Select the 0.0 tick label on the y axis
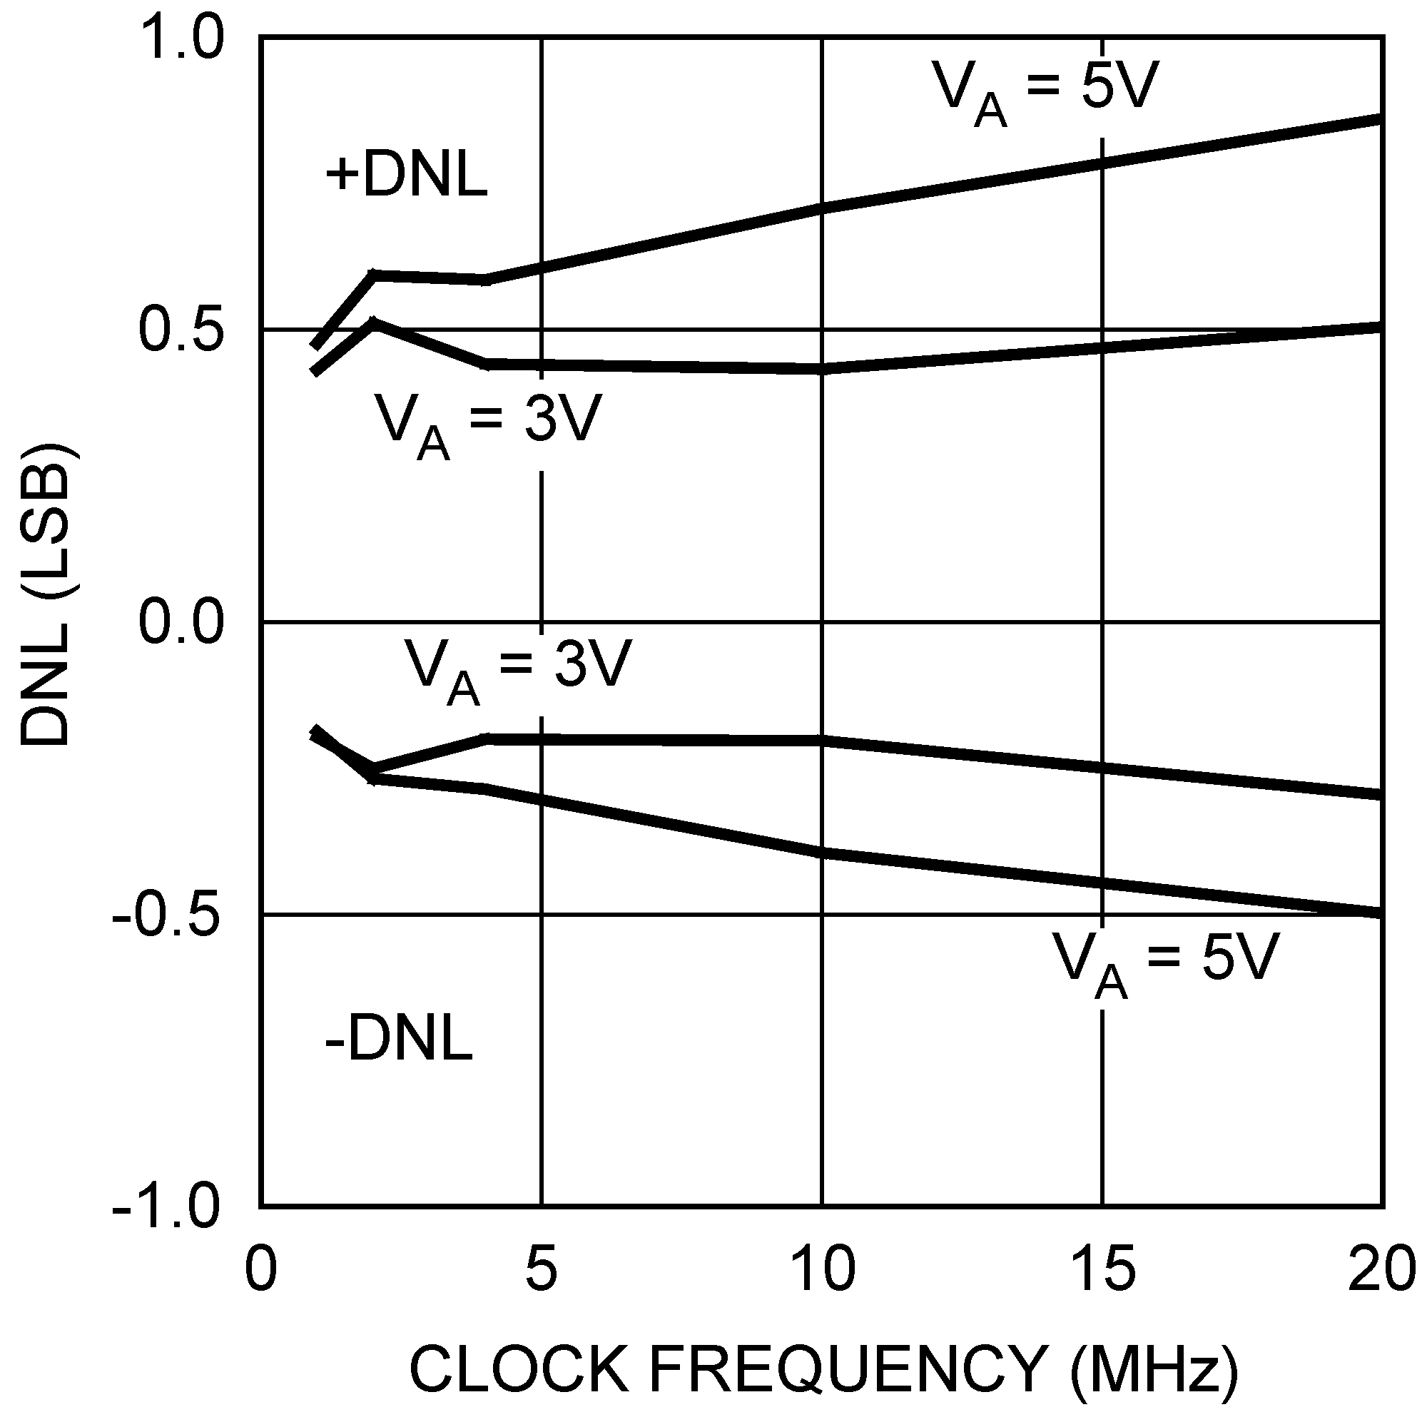click(181, 622)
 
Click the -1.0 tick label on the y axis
click(167, 1209)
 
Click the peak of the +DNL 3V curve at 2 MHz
click(375, 322)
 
